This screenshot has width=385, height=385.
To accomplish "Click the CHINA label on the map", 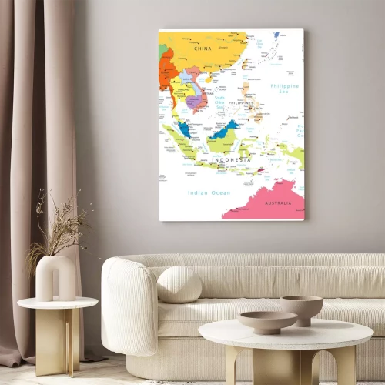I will pos(203,49).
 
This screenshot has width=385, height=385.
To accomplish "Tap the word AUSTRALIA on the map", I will pos(278,203).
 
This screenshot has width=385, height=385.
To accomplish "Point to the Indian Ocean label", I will pos(209,192).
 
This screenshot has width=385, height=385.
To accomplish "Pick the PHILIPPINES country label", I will pos(241,102).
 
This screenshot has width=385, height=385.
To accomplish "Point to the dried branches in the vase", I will pos(58,227).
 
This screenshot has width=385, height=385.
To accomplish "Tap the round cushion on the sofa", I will pos(179,284).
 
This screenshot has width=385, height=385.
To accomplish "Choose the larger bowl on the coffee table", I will pos(267,321).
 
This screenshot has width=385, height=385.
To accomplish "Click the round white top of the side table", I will pos(58,303).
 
